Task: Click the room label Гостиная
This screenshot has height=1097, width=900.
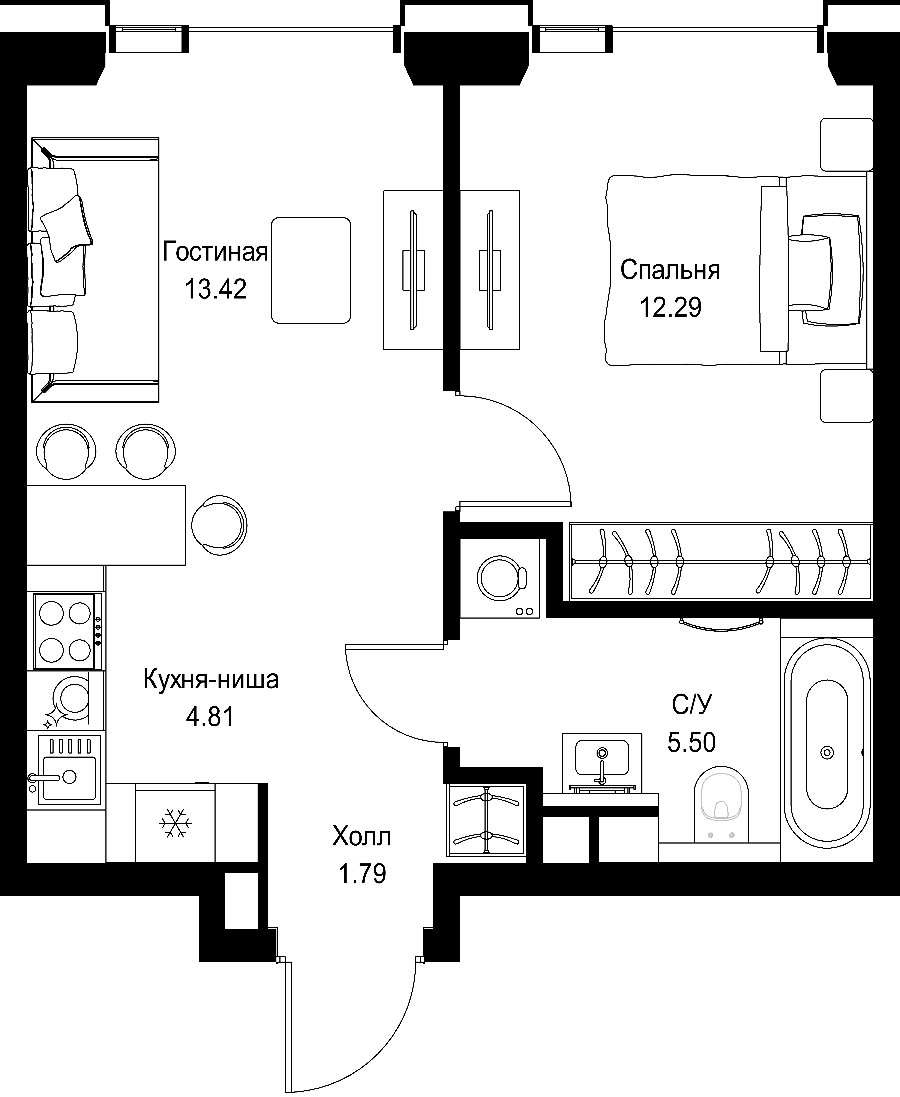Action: (215, 252)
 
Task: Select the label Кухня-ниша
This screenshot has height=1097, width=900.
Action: (211, 680)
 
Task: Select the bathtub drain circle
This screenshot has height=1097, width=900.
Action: (827, 752)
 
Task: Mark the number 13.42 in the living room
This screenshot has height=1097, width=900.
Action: (215, 289)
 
